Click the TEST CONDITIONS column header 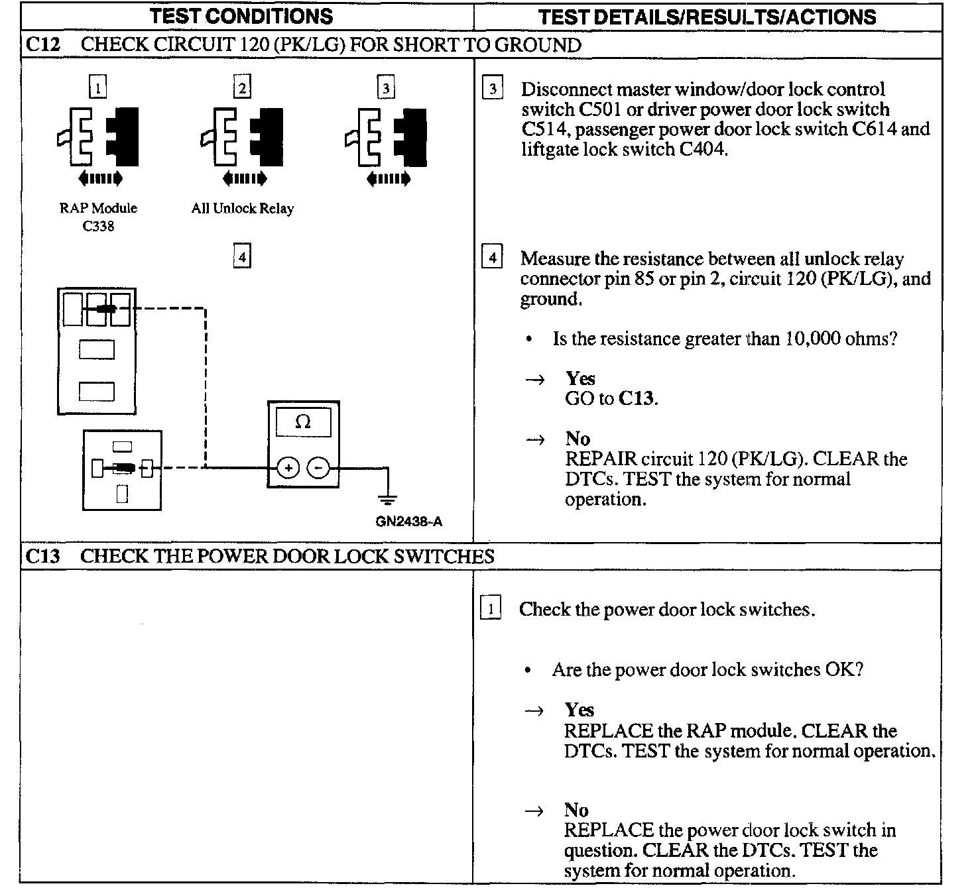(x=242, y=16)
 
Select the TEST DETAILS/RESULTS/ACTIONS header (x=707, y=17)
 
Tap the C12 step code (x=42, y=45)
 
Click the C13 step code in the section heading (x=42, y=556)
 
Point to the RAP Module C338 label (x=98, y=217)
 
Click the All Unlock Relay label (x=242, y=208)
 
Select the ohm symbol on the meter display (x=303, y=421)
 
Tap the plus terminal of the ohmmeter (x=288, y=469)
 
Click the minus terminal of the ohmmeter (x=318, y=469)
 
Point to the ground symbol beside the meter (x=387, y=498)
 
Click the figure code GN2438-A (x=408, y=521)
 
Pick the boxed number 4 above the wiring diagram (x=243, y=256)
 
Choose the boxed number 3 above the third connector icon (x=386, y=87)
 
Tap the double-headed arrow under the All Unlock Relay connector (x=244, y=178)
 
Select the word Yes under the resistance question (x=580, y=378)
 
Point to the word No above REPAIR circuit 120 (x=578, y=439)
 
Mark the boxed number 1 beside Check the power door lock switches (x=490, y=608)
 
